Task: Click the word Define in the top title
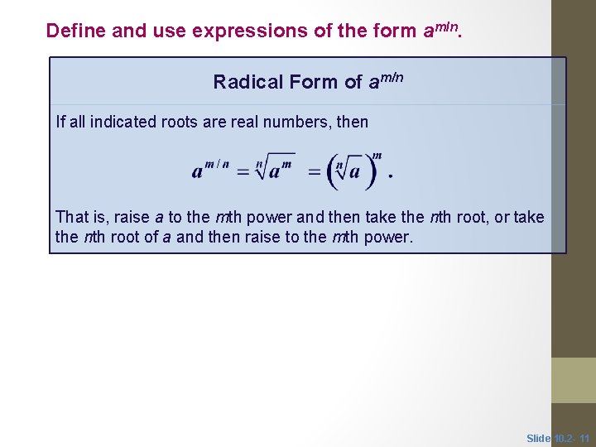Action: (x=75, y=31)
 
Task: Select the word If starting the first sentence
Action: (x=60, y=123)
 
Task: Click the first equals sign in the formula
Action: (x=243, y=171)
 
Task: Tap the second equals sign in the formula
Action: (x=315, y=171)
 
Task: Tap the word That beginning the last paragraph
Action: (x=71, y=218)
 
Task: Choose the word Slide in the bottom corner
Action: (x=539, y=438)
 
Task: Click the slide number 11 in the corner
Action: (x=585, y=438)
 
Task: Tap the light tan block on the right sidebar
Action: (x=574, y=380)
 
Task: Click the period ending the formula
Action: (x=390, y=177)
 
